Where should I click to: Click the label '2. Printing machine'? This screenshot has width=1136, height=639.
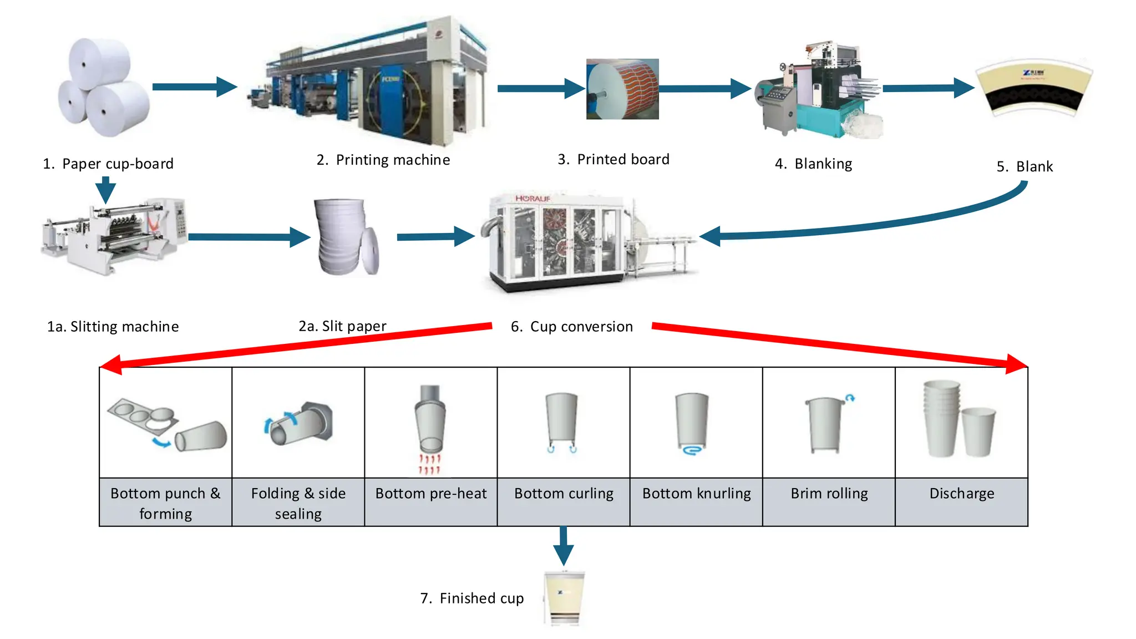[383, 160]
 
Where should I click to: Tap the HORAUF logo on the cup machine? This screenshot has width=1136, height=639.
[532, 199]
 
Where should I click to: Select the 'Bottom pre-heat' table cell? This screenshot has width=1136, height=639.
[430, 494]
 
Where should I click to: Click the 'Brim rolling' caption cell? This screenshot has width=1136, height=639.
[829, 494]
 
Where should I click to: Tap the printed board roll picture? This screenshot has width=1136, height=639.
[622, 89]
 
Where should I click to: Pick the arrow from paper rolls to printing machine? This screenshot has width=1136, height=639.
[194, 87]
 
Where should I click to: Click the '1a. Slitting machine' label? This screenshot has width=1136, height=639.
[113, 327]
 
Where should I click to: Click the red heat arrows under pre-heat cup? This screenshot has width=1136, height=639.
[429, 464]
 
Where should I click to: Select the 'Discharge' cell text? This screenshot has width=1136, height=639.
[961, 494]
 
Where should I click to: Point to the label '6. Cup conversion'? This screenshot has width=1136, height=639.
[571, 327]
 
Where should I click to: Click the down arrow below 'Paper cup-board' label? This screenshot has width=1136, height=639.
[105, 190]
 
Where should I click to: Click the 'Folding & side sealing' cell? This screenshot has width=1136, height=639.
[298, 503]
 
